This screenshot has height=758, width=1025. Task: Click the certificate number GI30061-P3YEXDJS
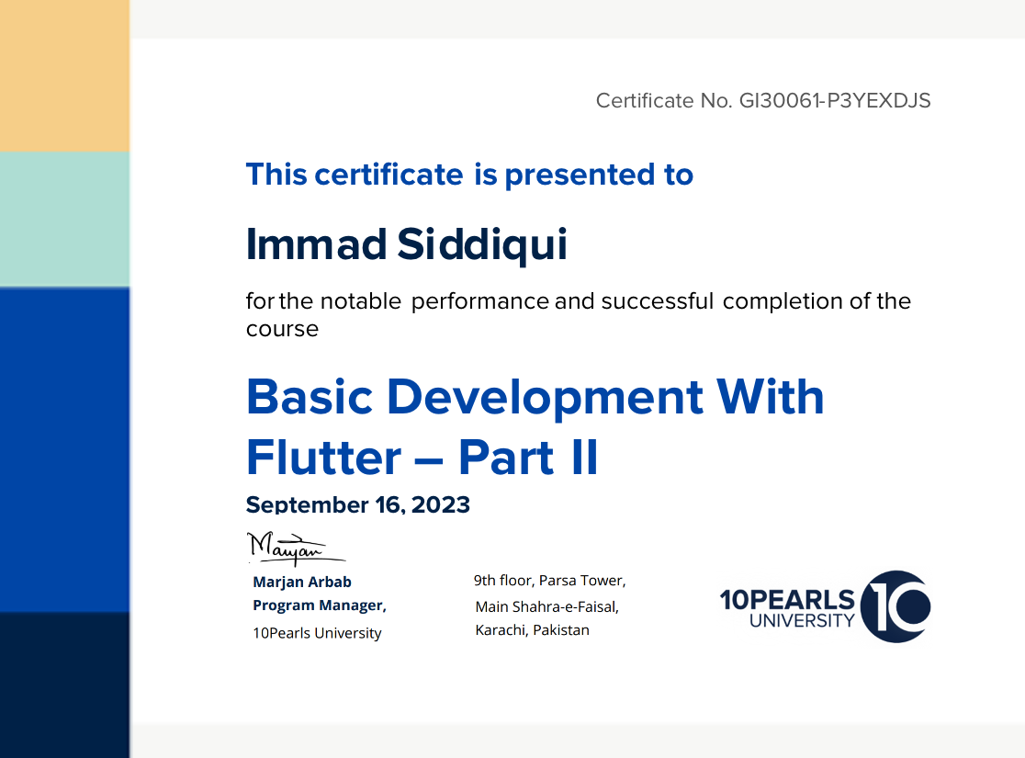tap(835, 101)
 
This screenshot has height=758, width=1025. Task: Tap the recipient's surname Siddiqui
tap(482, 245)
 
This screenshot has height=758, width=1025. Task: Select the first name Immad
tap(316, 244)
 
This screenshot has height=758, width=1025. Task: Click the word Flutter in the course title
tap(323, 458)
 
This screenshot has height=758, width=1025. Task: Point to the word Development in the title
tap(546, 399)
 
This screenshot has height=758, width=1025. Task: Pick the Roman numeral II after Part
tap(584, 458)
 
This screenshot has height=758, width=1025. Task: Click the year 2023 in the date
tap(441, 504)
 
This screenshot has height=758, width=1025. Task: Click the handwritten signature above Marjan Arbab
tap(296, 549)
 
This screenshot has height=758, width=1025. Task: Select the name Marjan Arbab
tap(302, 582)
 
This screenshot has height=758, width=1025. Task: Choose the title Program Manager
tap(320, 605)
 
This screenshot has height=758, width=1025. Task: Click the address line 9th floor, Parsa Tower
tap(550, 580)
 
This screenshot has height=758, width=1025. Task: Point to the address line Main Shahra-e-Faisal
tap(547, 607)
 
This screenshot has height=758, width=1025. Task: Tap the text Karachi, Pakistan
tap(532, 629)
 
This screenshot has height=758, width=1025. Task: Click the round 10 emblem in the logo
tap(895, 606)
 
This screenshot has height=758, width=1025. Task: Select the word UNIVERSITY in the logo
tap(802, 621)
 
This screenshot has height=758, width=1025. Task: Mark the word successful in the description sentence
tap(657, 300)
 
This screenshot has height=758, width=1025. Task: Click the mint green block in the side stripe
tap(64, 219)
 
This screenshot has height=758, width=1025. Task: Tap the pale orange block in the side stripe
tap(64, 76)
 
